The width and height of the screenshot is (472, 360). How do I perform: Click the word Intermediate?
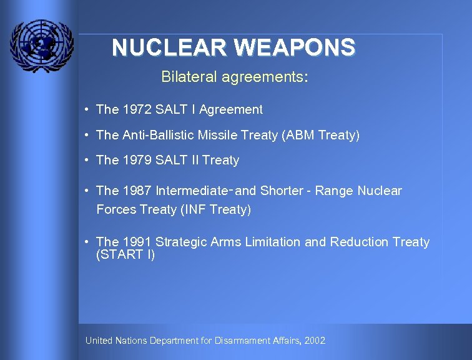click(x=193, y=191)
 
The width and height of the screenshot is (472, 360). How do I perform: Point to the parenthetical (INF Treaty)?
click(x=215, y=210)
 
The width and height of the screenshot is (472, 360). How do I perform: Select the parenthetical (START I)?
click(x=125, y=255)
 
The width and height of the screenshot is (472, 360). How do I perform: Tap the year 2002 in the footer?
click(x=315, y=341)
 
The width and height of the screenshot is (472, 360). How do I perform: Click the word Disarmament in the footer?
click(x=240, y=341)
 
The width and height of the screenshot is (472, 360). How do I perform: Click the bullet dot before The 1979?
click(x=87, y=160)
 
